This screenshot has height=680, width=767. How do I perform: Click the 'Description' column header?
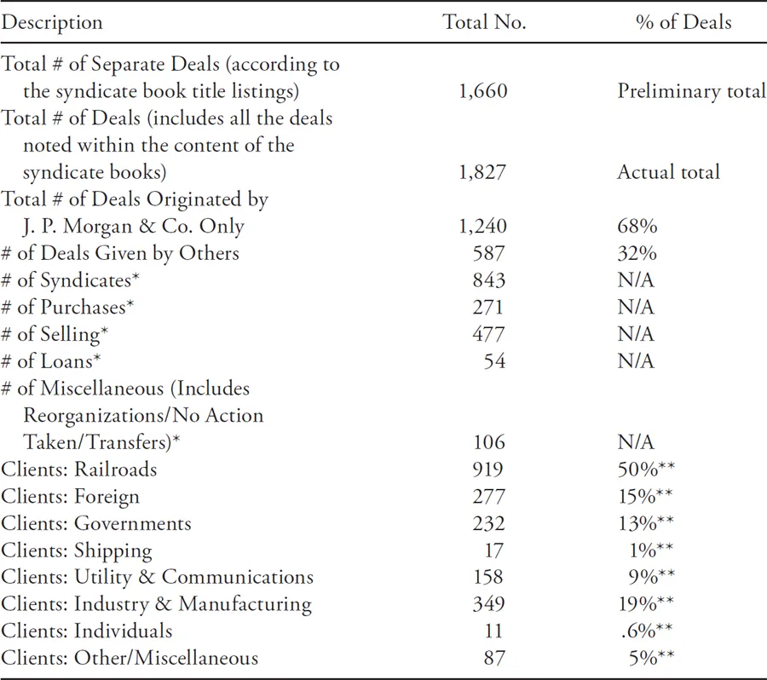point(51,23)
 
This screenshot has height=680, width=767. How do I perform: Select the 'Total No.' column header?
point(484,23)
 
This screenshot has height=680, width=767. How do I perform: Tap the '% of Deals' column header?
point(683,23)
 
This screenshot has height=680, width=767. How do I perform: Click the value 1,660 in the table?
point(483,91)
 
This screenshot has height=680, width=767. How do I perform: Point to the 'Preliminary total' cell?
point(691,91)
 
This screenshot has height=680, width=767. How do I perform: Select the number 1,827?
point(483,172)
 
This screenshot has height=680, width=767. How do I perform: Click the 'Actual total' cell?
point(668,172)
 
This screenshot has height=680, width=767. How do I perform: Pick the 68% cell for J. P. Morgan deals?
point(635,227)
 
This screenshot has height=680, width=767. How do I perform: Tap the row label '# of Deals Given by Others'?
point(120,253)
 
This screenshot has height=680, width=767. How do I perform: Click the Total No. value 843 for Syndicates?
point(489,280)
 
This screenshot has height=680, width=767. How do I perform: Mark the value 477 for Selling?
point(489,334)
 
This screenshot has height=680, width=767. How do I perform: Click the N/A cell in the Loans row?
point(636,361)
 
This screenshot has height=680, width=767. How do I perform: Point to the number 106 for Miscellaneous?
point(489,442)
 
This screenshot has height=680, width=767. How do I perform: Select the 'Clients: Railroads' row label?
point(79,470)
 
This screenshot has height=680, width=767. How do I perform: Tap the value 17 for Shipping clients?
point(493,550)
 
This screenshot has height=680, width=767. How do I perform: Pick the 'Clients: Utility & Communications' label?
point(157,577)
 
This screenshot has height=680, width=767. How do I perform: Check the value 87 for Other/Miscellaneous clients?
point(493,658)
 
